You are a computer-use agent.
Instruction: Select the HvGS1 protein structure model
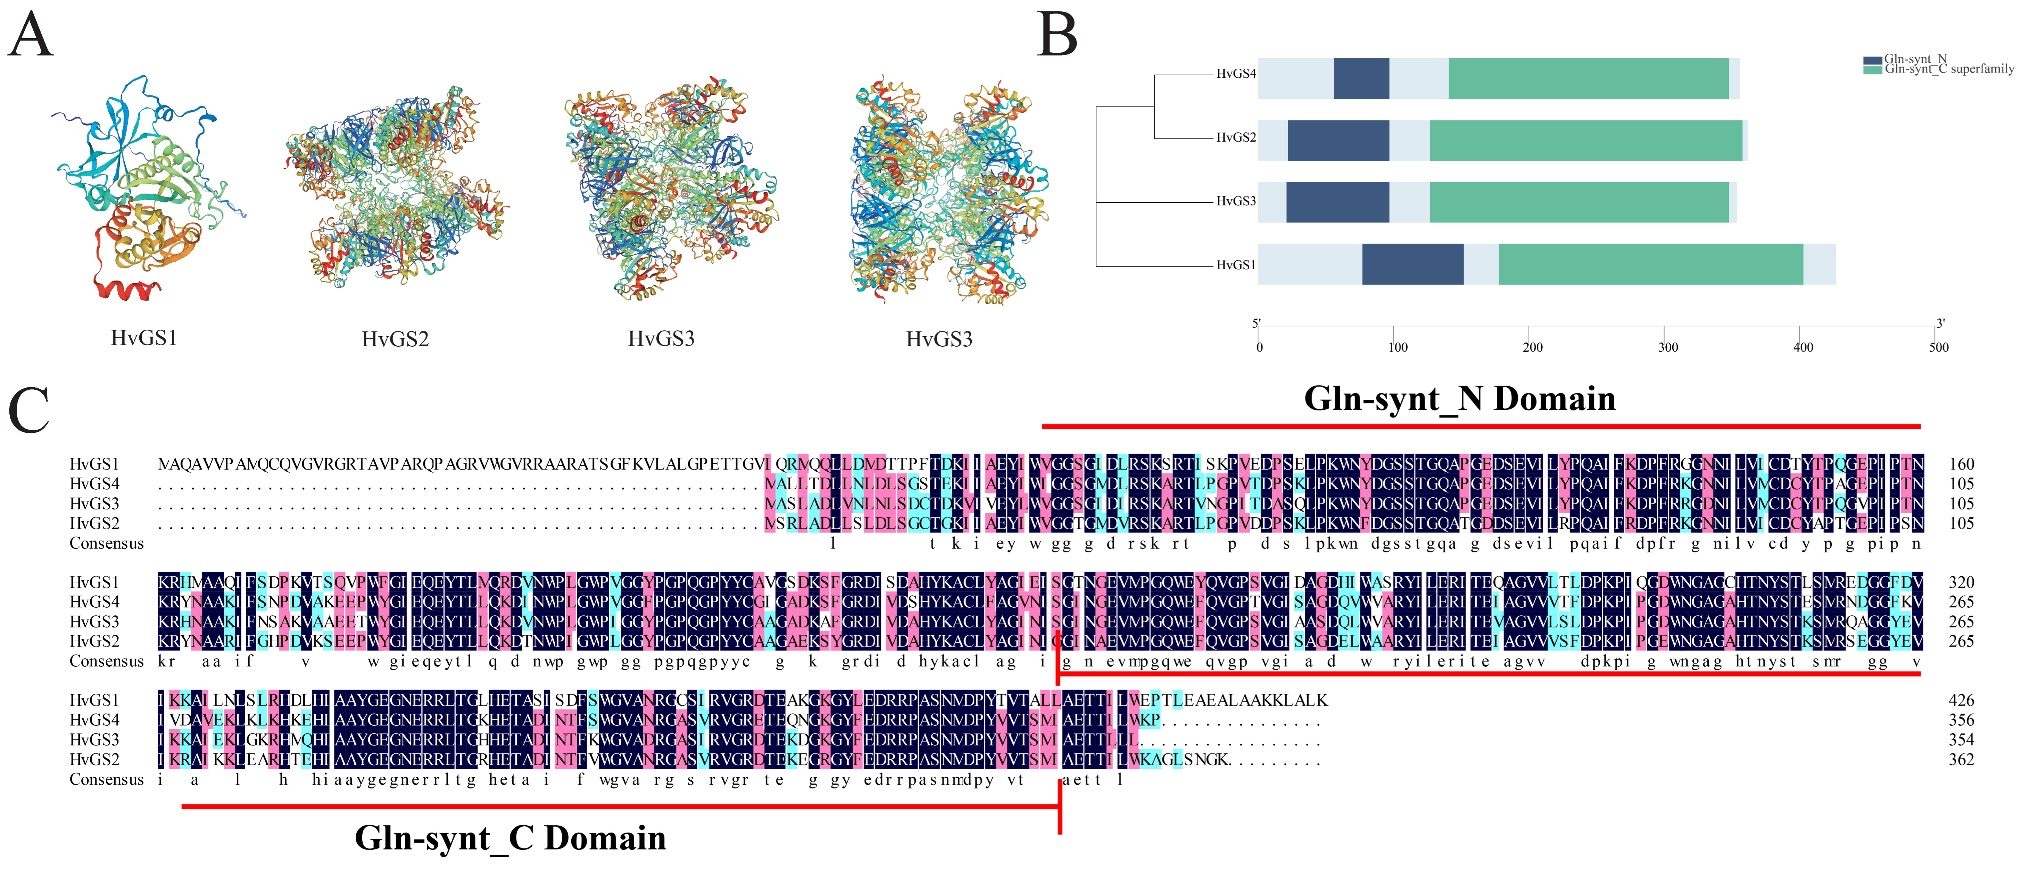point(145,188)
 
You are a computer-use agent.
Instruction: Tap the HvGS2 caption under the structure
point(395,339)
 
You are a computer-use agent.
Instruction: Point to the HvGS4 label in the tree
point(1235,74)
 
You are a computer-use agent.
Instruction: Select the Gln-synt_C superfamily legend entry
point(1948,69)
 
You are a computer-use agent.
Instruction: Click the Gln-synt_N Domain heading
point(1459,398)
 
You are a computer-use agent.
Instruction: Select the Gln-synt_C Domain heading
point(510,838)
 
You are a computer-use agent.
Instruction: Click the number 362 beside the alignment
point(1961,759)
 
